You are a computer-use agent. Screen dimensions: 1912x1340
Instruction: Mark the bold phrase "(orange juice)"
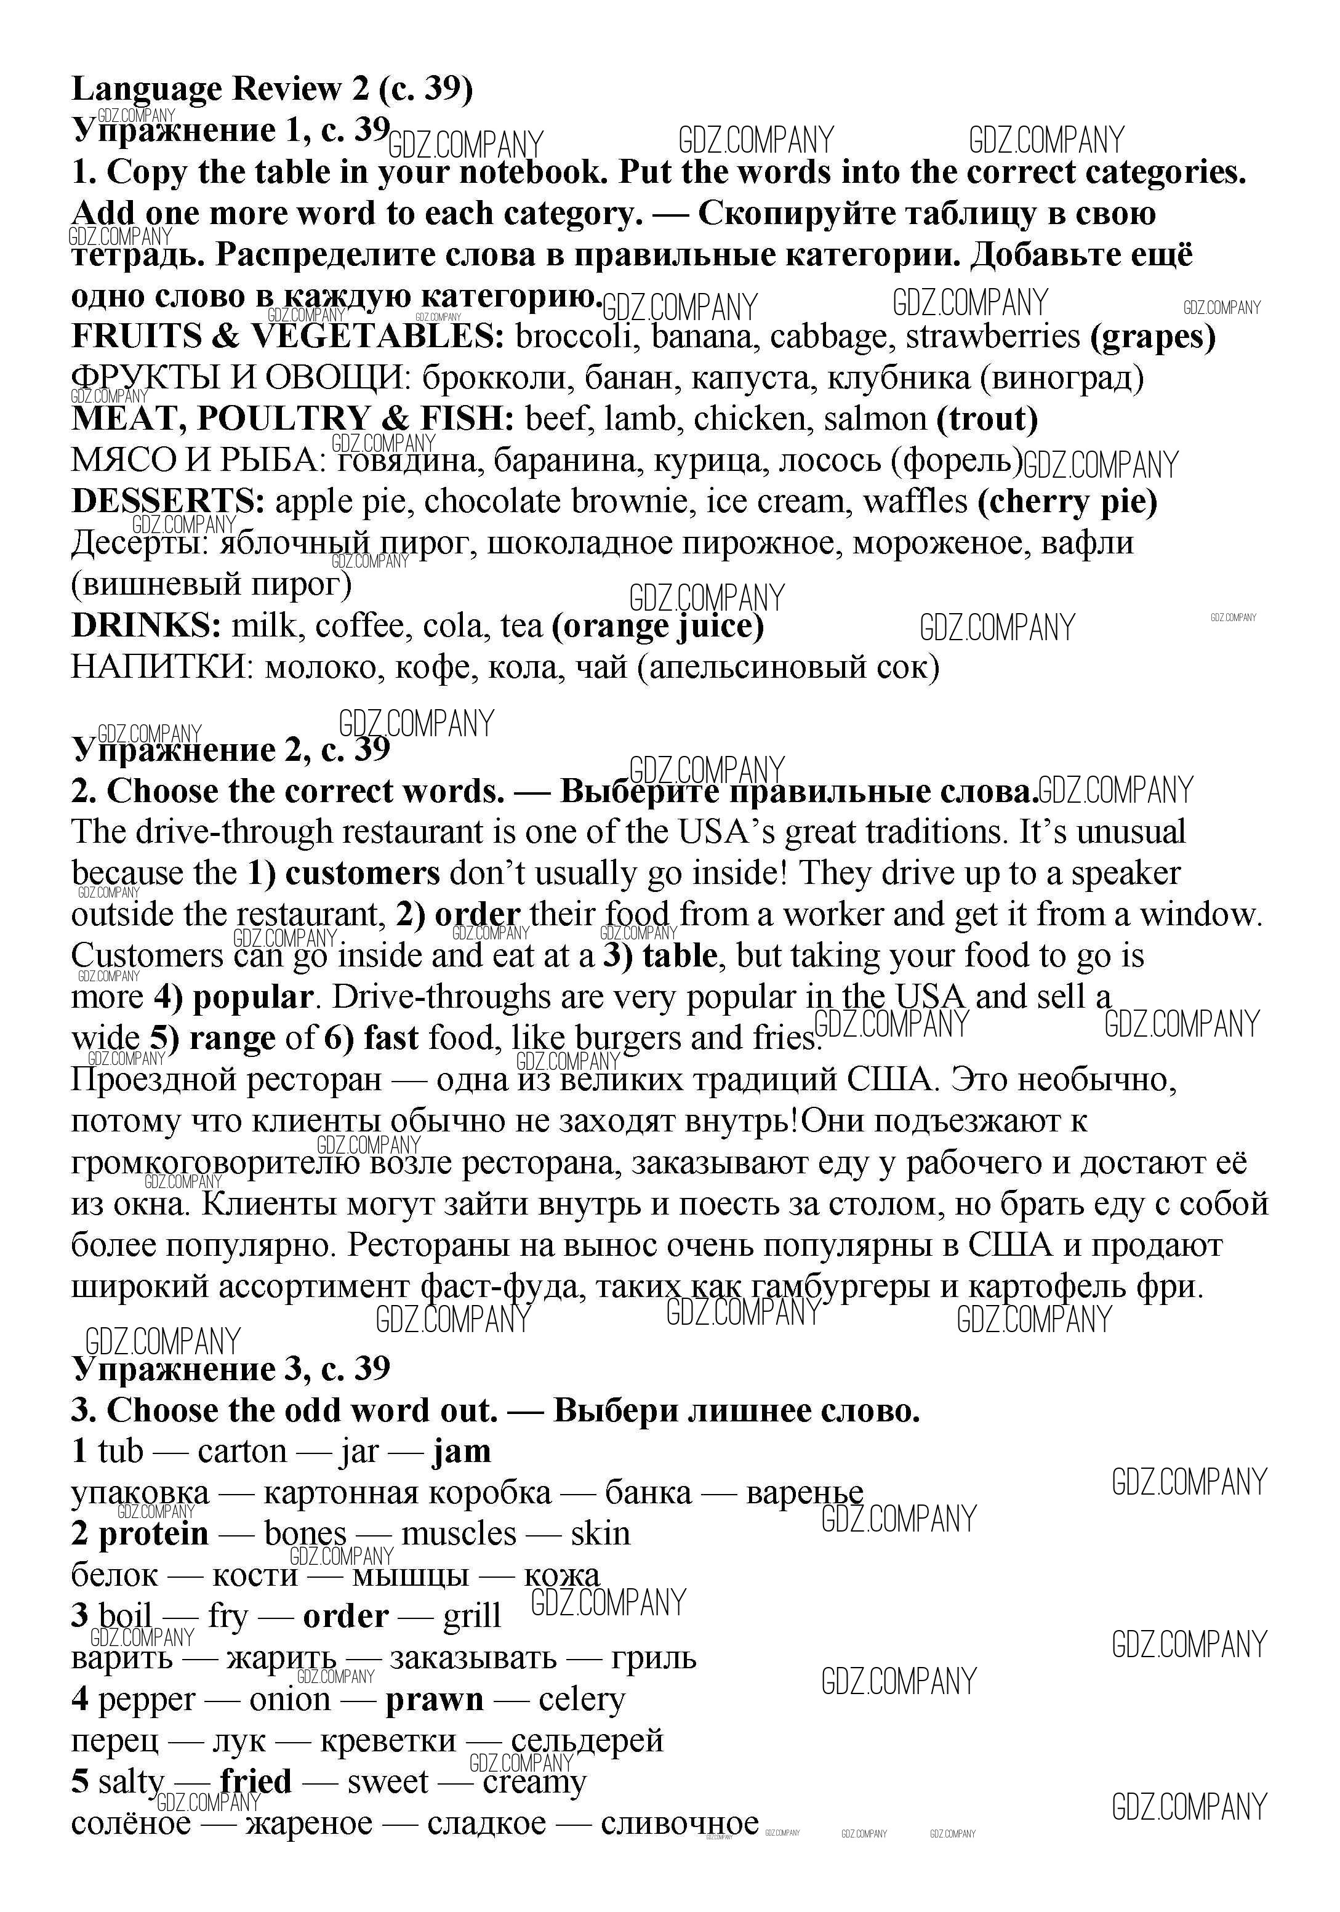coord(658,625)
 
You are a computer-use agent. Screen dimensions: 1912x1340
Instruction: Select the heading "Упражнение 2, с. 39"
coord(231,749)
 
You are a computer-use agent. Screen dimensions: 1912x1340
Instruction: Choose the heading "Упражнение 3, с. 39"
coord(231,1368)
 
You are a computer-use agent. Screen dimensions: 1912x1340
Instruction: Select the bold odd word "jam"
coord(462,1452)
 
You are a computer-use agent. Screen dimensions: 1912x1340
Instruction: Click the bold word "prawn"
coord(434,1700)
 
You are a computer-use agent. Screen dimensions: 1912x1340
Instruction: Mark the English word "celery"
coord(581,1700)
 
